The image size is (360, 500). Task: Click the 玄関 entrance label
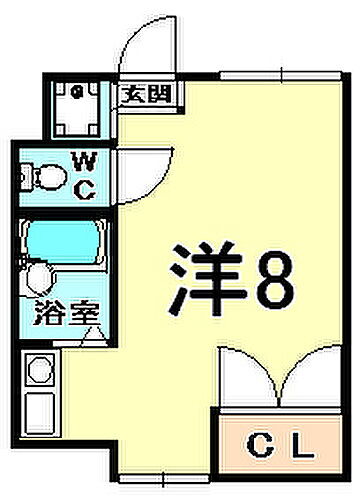147,96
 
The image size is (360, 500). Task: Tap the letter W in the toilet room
85,159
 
